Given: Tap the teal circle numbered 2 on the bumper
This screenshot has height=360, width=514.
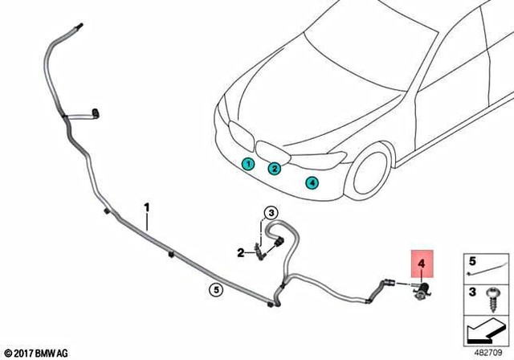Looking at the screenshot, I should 274,169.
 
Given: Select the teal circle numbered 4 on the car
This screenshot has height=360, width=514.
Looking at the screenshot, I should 312,182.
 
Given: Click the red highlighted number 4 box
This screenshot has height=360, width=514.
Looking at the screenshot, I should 421,262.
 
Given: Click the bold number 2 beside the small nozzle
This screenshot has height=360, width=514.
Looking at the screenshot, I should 240,253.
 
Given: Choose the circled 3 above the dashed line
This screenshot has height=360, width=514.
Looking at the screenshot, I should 271,212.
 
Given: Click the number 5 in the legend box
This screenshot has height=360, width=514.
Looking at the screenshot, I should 472,260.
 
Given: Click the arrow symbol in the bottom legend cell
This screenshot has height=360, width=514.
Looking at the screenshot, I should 486,330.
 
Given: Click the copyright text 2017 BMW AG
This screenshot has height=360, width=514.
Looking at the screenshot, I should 36,352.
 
